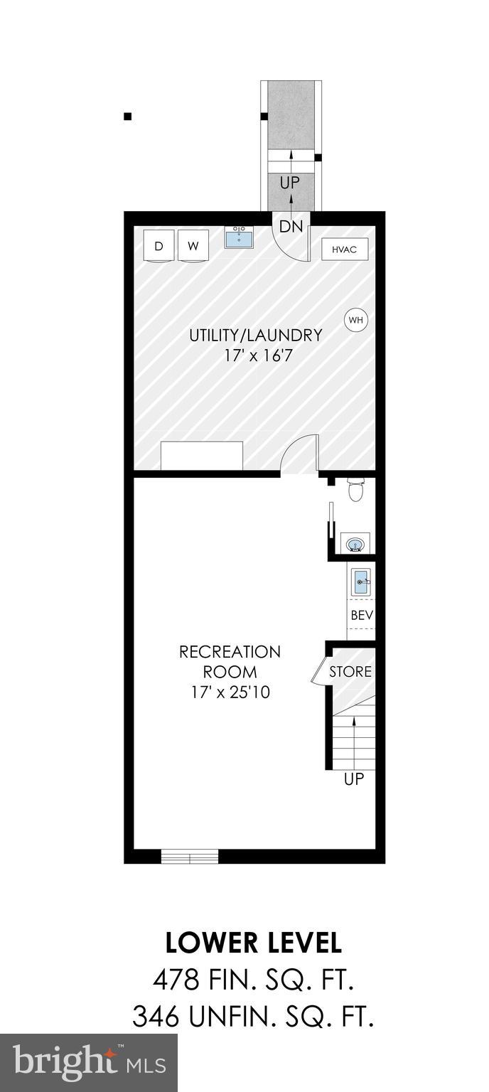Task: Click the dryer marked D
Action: click(x=158, y=246)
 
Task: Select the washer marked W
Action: click(x=193, y=246)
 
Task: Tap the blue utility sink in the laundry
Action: click(x=239, y=237)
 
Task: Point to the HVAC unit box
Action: click(x=345, y=250)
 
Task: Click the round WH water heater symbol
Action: click(x=355, y=320)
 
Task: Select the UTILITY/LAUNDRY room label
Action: click(x=255, y=335)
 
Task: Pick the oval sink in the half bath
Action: click(x=355, y=544)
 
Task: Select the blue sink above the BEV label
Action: click(x=361, y=582)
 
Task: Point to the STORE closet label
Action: click(x=350, y=672)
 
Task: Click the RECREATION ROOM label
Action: click(x=230, y=661)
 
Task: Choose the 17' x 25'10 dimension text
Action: click(x=230, y=692)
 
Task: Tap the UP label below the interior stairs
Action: click(x=354, y=779)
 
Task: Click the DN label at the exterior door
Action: click(x=291, y=227)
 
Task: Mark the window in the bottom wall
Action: click(x=189, y=856)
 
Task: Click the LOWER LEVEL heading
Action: click(x=253, y=943)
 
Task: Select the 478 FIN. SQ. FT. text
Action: click(x=253, y=981)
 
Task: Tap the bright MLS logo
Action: click(x=88, y=1063)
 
